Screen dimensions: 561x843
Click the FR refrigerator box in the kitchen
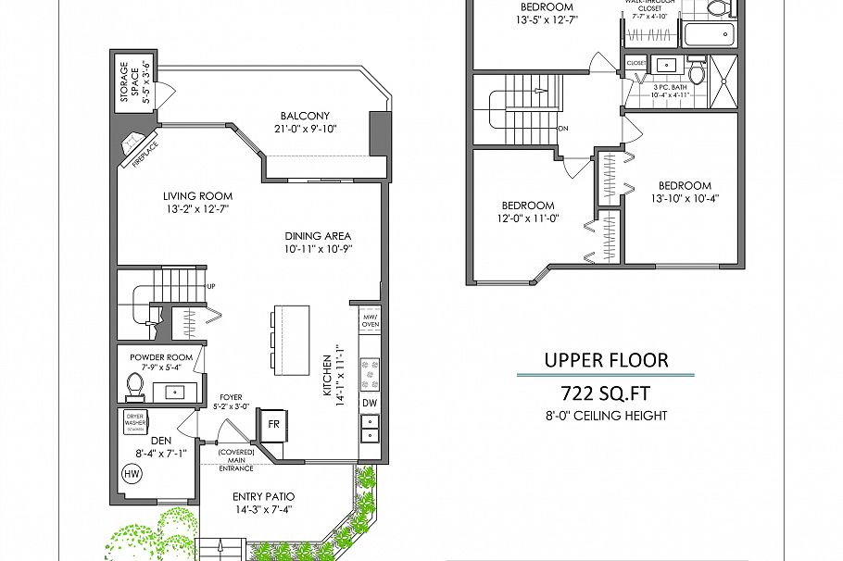pyautogui.click(x=273, y=424)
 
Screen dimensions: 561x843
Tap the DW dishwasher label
pyautogui.click(x=369, y=403)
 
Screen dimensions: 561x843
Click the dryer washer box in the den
pyautogui.click(x=136, y=422)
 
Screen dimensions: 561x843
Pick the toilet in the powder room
pyautogui.click(x=134, y=383)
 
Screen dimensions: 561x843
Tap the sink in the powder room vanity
pyautogui.click(x=174, y=392)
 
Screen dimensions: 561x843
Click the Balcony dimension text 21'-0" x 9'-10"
pyautogui.click(x=305, y=130)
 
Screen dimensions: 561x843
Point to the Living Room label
pyautogui.click(x=197, y=196)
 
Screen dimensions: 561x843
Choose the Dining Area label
pyautogui.click(x=318, y=235)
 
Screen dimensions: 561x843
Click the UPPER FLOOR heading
pyautogui.click(x=605, y=359)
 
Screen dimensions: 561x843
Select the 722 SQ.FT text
pyautogui.click(x=605, y=391)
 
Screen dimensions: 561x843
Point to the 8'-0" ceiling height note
pyautogui.click(x=606, y=416)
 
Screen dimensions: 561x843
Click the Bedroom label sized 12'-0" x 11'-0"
pyautogui.click(x=528, y=206)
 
